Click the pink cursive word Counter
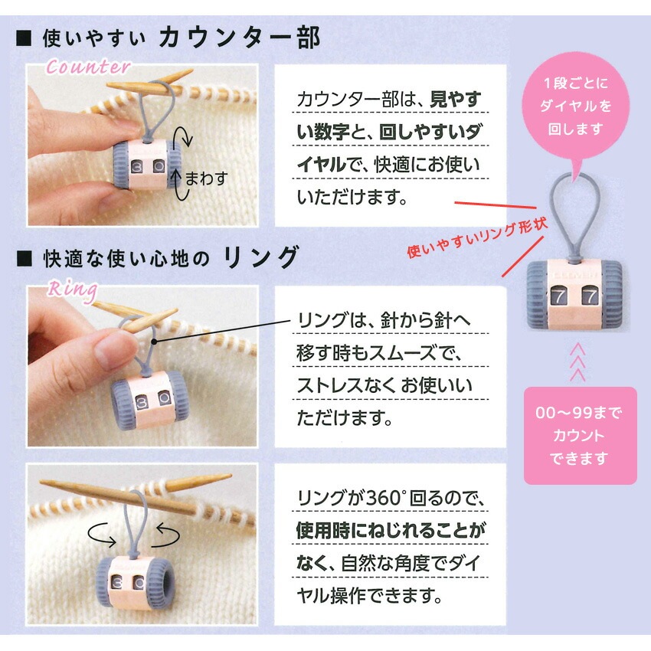[x=88, y=67]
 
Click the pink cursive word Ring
[x=72, y=290]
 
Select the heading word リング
[x=261, y=257]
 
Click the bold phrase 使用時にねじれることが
[x=391, y=529]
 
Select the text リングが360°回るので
[x=391, y=498]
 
